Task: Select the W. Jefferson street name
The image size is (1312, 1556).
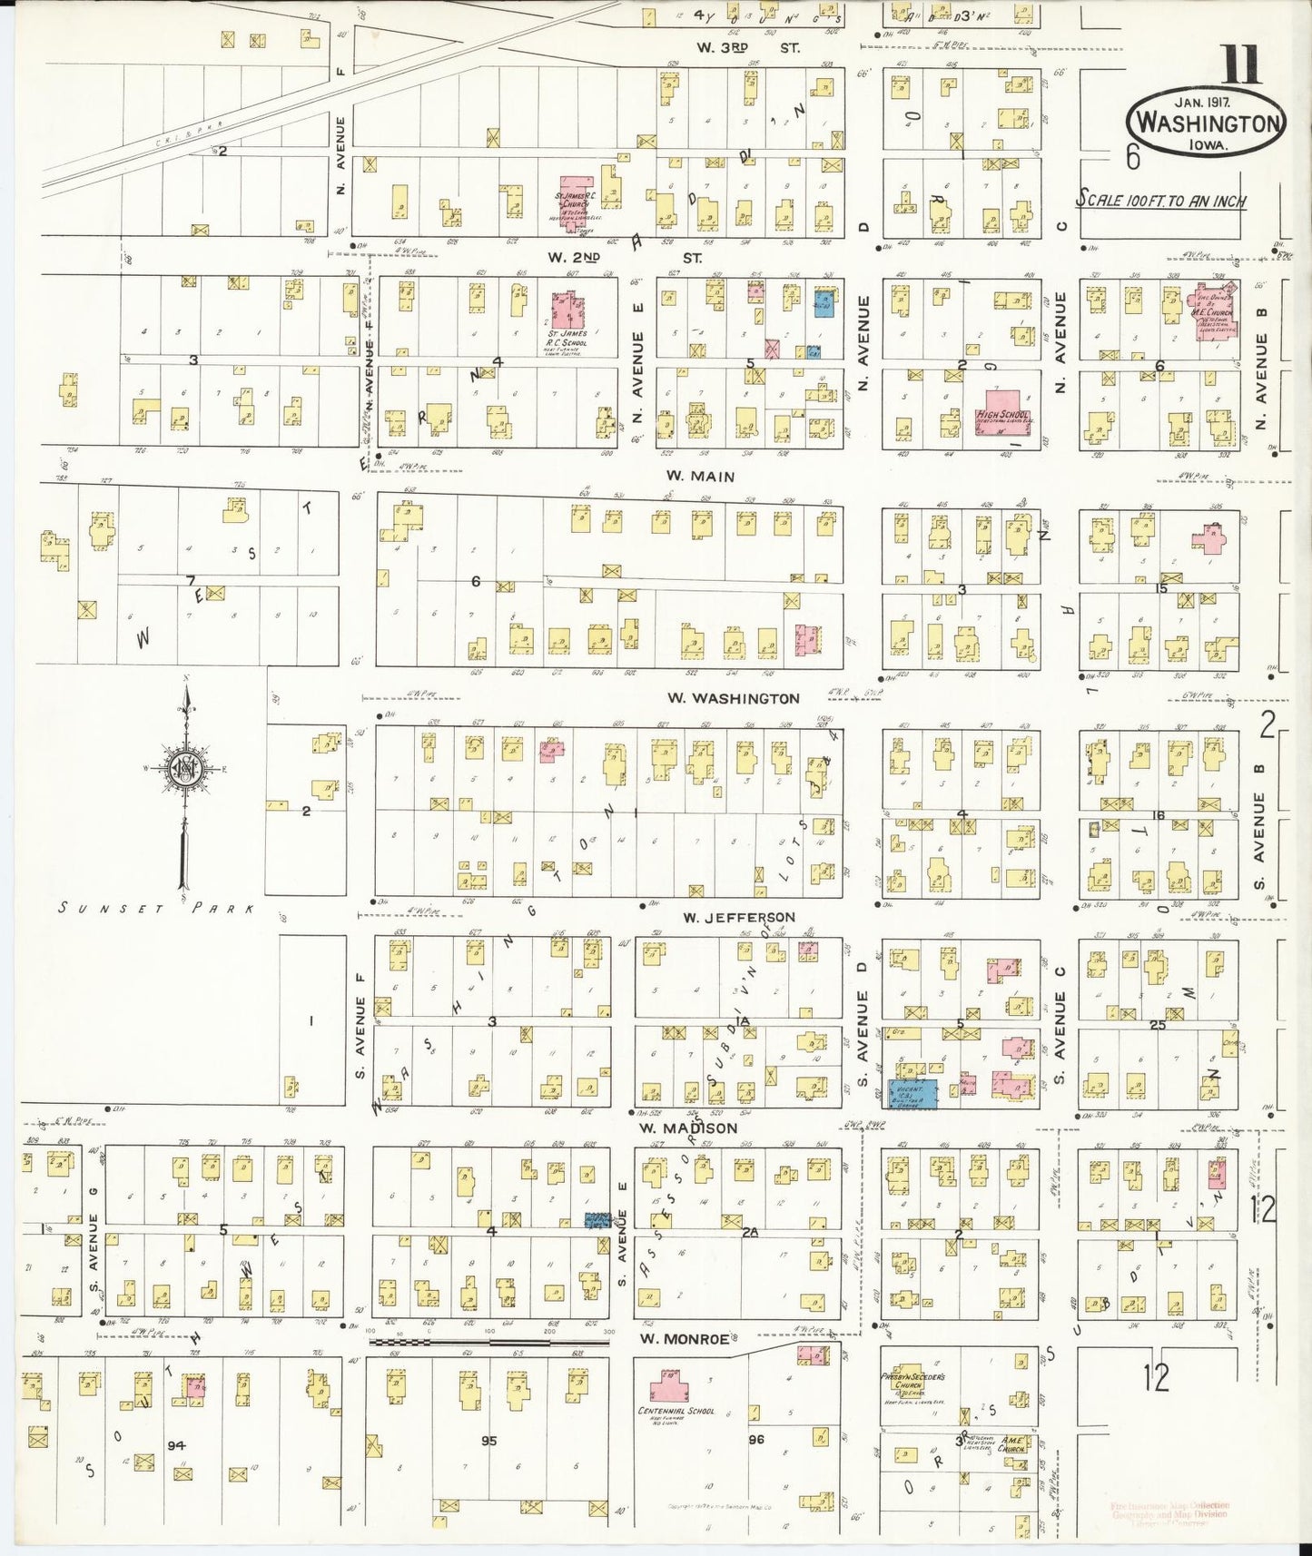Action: coord(738,917)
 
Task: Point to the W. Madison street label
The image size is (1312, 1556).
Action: coord(688,1128)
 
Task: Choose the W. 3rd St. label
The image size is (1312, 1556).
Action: coord(748,48)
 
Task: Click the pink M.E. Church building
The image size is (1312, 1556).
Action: coord(1208,313)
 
